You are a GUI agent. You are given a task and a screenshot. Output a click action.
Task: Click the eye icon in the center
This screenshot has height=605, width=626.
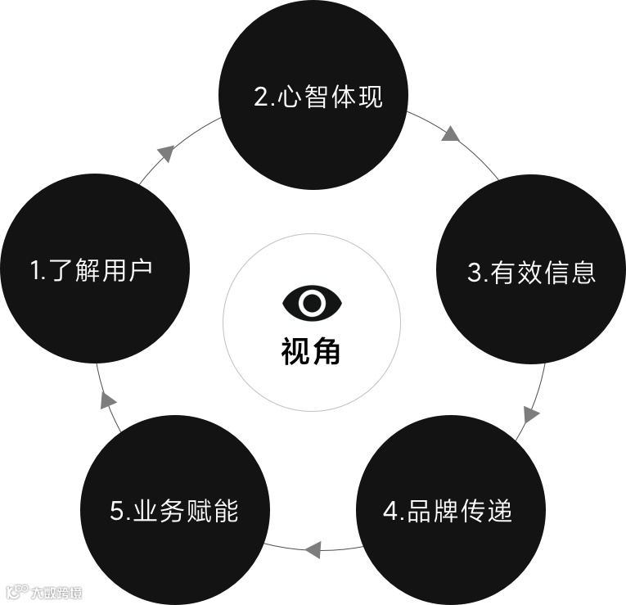coord(312,302)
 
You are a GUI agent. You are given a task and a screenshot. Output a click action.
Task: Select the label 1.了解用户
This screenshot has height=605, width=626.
coord(92,269)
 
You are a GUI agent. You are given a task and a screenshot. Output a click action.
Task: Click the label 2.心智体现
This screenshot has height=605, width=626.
coord(318,97)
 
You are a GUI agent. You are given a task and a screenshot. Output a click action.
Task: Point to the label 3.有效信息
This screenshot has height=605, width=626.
coord(532,272)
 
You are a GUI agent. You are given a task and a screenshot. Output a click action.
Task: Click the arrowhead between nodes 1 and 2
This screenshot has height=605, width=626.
coord(165,152)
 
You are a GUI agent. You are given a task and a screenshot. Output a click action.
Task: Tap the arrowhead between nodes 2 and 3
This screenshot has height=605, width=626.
coord(450,133)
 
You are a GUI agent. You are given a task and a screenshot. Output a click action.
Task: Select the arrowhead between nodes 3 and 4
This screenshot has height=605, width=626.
coord(531,414)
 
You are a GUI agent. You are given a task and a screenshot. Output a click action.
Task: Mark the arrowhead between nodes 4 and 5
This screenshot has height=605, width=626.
coord(313,549)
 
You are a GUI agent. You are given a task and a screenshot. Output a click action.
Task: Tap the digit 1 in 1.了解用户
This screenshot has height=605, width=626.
coord(34,270)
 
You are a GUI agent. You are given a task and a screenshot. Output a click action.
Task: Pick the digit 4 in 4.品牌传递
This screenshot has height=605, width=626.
coord(390,512)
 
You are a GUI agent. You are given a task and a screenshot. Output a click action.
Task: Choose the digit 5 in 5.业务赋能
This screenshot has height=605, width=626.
coord(116,512)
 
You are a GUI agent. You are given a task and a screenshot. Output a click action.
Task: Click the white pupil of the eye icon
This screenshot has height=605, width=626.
coord(312,302)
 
